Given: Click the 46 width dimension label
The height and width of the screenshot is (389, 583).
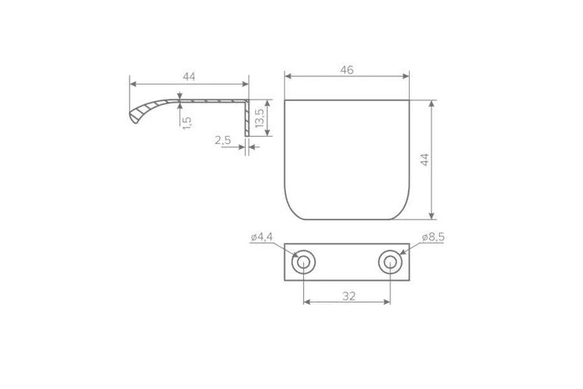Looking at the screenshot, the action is (x=347, y=70).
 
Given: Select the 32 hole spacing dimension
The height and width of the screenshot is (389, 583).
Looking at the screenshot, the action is (x=349, y=296).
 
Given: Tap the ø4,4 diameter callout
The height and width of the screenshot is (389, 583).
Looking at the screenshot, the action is (x=262, y=237).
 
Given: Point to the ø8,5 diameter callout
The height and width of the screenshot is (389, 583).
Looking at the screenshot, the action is (x=433, y=237).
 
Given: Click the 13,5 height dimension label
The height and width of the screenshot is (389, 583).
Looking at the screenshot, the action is (x=260, y=118).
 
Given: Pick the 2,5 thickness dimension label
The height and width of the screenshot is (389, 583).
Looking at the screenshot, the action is (x=223, y=140).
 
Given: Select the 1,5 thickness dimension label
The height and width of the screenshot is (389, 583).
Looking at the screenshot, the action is (x=187, y=123).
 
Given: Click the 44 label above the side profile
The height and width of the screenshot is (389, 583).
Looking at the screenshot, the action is (x=189, y=77).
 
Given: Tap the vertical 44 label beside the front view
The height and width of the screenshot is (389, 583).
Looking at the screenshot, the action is (x=424, y=159).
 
